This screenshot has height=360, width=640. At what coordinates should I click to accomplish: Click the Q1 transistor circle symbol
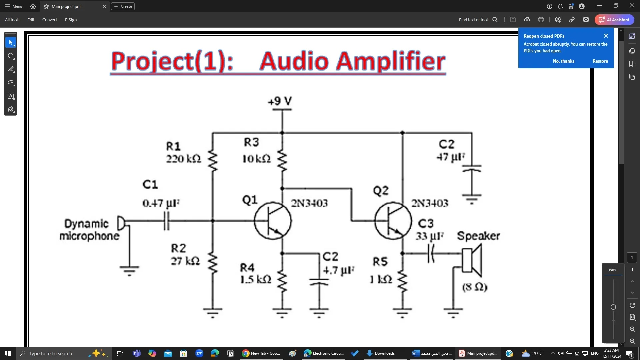click(273, 221)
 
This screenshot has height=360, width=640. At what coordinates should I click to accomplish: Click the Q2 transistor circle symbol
click(393, 221)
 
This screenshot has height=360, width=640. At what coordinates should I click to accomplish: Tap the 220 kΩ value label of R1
click(184, 159)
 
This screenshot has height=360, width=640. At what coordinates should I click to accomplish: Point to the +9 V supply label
click(280, 101)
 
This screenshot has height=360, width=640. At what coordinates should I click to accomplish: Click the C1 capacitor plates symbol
click(167, 221)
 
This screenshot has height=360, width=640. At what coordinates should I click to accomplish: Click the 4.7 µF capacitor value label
click(338, 270)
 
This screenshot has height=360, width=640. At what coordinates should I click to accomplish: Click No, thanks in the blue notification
click(563, 61)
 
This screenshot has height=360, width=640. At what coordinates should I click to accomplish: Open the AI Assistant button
click(614, 20)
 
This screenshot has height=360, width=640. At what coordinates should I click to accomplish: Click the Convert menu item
click(49, 20)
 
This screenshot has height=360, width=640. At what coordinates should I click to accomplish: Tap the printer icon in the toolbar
click(541, 20)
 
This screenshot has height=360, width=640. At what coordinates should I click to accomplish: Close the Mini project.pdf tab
click(104, 6)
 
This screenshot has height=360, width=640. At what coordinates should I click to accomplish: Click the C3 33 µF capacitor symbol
click(431, 253)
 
